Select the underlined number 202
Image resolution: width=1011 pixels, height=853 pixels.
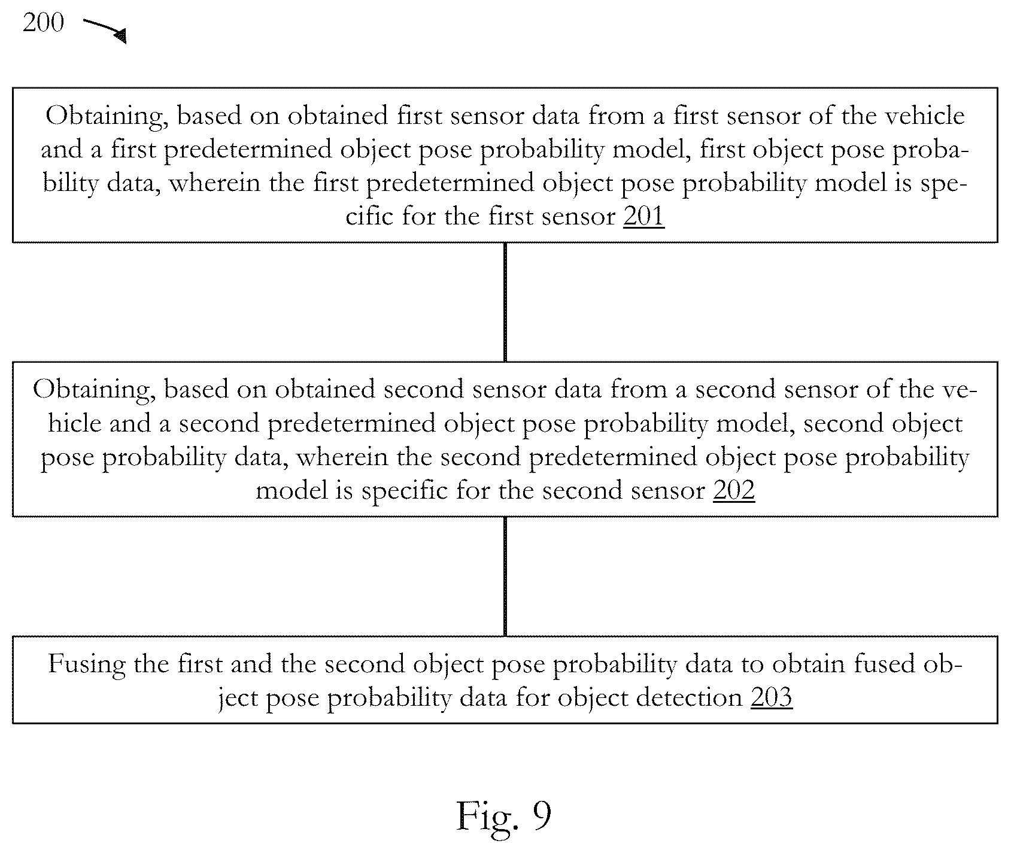pyautogui.click(x=734, y=491)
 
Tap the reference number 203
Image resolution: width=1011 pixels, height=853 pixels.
pyautogui.click(x=772, y=697)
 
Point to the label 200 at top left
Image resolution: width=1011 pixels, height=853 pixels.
pyautogui.click(x=43, y=22)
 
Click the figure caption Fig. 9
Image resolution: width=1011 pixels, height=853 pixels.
pyautogui.click(x=503, y=815)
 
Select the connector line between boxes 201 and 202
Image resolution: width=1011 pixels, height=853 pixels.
pyautogui.click(x=505, y=302)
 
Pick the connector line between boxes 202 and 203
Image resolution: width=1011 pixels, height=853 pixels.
pyautogui.click(x=505, y=576)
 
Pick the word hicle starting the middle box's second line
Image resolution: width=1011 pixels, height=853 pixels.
pyautogui.click(x=74, y=424)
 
